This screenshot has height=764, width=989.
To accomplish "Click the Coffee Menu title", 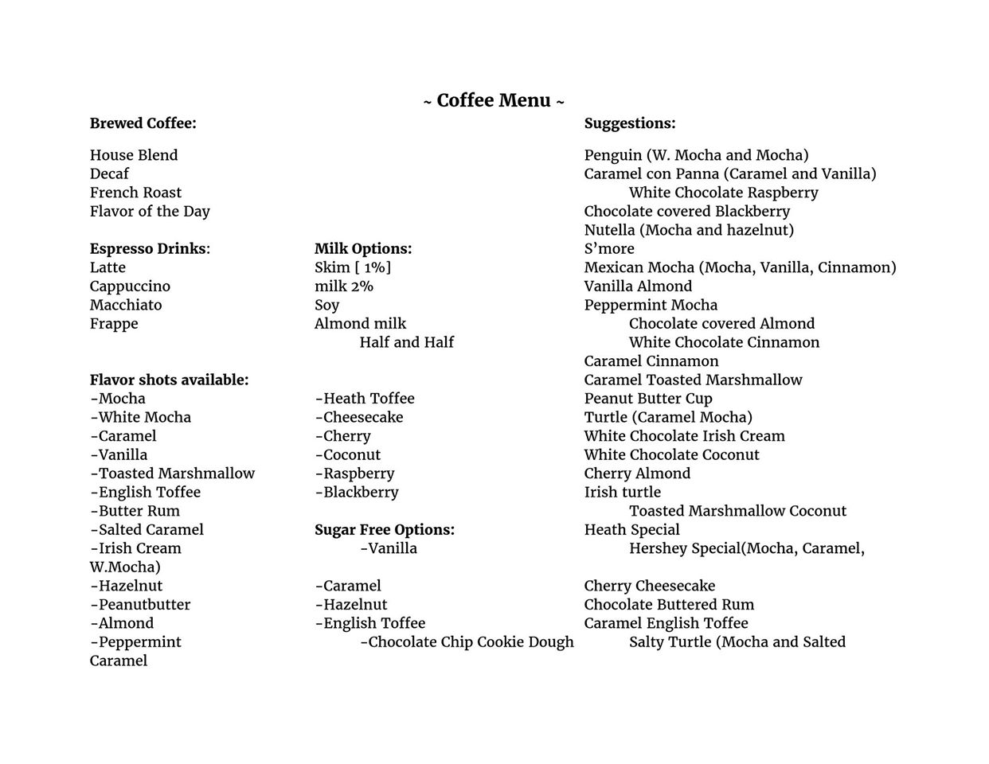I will (494, 101).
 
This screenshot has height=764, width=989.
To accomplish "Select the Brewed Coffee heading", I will (143, 123).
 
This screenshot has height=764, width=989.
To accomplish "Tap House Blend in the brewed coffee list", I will (134, 155).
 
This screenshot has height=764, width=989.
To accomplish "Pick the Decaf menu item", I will (109, 173).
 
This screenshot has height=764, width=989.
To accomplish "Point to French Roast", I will (135, 193).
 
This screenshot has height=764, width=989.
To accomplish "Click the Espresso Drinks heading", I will (149, 248).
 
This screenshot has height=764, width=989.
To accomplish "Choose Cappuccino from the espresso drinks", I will (130, 286).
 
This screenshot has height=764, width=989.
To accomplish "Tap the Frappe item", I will (114, 323).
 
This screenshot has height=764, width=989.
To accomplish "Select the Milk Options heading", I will (363, 248).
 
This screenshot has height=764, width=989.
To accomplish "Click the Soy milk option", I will (326, 305).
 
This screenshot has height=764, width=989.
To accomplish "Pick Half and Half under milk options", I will (406, 342).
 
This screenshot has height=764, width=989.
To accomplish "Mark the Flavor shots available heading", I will (169, 380).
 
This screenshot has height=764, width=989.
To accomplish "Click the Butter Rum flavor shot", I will (135, 511).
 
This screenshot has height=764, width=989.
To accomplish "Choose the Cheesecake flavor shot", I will (359, 417).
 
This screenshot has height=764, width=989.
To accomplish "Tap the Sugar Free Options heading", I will (385, 529).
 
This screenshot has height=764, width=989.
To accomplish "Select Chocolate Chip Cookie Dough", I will (467, 641).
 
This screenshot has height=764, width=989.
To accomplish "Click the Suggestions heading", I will (629, 123).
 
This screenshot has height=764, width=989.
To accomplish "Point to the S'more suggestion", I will (609, 248).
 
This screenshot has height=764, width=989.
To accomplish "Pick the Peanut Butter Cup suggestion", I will (648, 398).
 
